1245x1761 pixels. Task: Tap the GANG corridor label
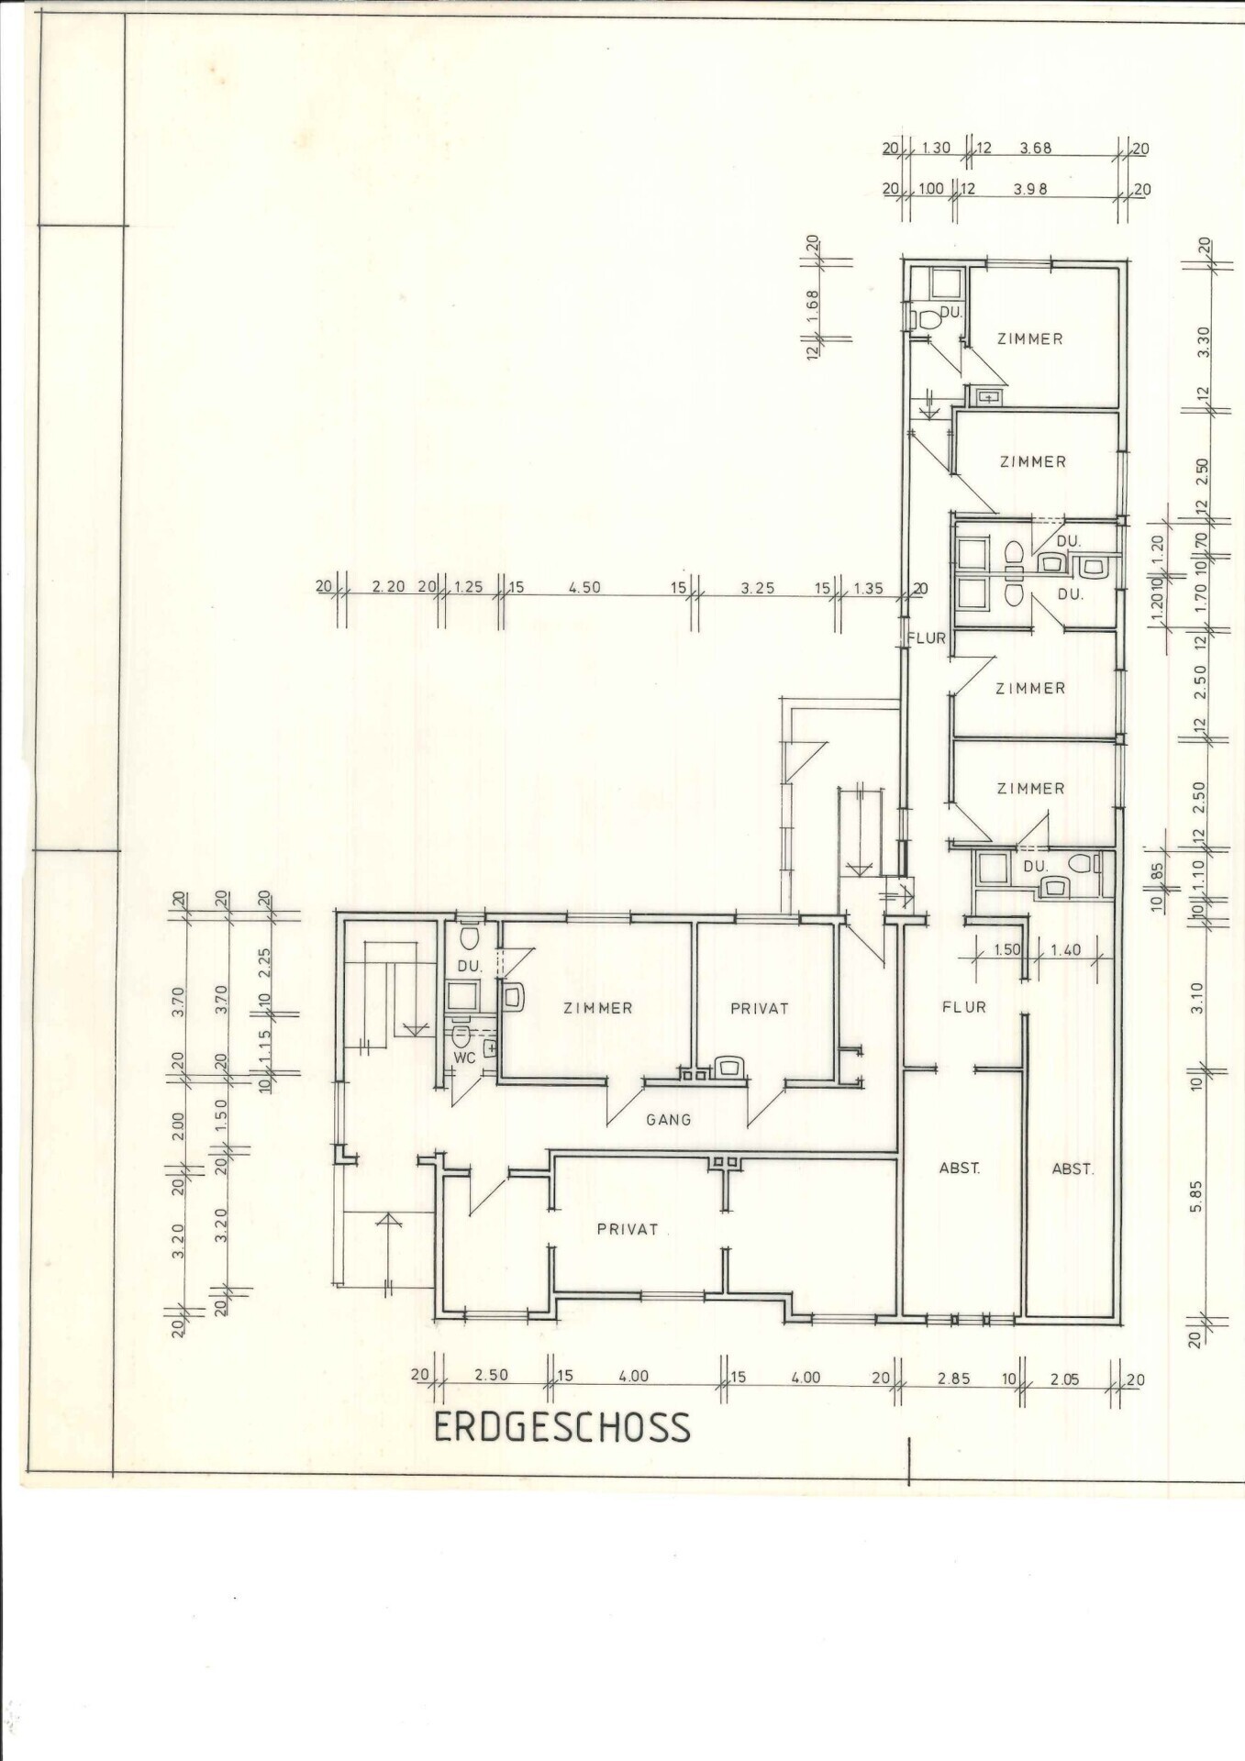[x=668, y=1119]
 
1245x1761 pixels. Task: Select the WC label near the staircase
[x=465, y=1058]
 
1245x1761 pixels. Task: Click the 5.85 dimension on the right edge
[x=1195, y=1196]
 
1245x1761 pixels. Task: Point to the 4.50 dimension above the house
[x=584, y=588]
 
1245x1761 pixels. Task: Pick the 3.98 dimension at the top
[x=1030, y=189]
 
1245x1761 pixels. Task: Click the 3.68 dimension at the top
[x=1035, y=148]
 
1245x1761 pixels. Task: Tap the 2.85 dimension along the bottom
[x=954, y=1378]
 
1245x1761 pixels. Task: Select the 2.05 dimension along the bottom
[x=1064, y=1378]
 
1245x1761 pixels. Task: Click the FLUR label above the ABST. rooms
[x=964, y=1007]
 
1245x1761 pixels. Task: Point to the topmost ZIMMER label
[x=1030, y=338]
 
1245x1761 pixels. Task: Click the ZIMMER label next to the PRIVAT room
[x=598, y=1008]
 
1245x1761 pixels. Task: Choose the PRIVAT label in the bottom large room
[x=628, y=1229]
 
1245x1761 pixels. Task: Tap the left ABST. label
[x=960, y=1168]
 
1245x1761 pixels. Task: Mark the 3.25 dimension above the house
[x=758, y=588]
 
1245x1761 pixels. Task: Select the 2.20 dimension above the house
[x=389, y=588]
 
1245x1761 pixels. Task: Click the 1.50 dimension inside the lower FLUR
[x=1007, y=950]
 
